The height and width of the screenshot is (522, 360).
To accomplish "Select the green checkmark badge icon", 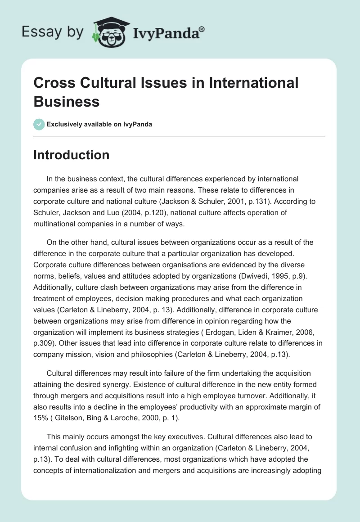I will click(x=39, y=124).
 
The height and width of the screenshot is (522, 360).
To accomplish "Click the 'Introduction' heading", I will click(x=72, y=155).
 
